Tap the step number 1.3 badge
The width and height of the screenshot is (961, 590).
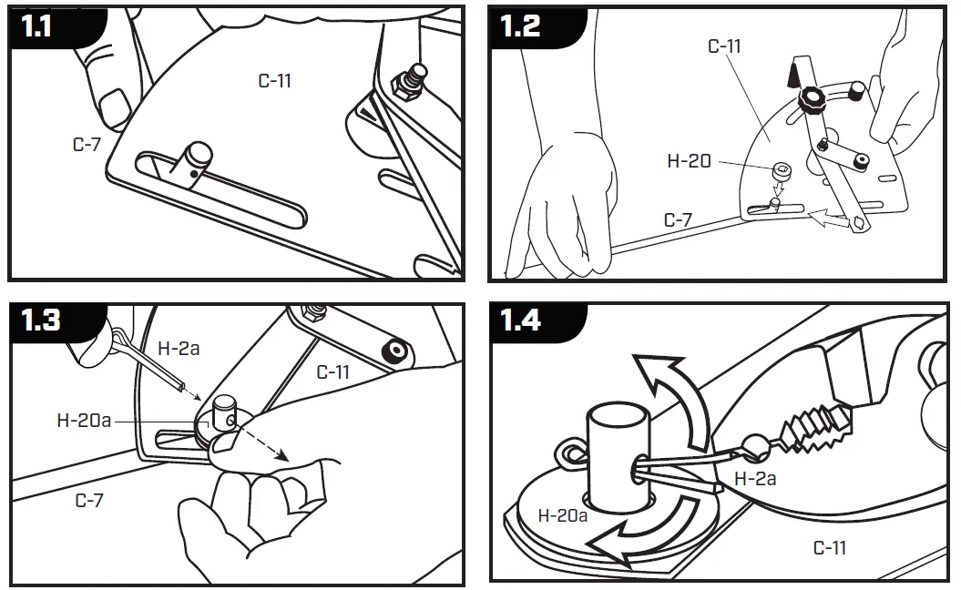click(x=40, y=320)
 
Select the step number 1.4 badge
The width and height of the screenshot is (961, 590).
click(x=522, y=320)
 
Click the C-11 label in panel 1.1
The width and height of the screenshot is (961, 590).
click(x=274, y=80)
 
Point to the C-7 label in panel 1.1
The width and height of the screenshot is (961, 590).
click(x=87, y=144)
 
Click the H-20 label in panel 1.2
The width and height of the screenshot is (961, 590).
click(x=689, y=161)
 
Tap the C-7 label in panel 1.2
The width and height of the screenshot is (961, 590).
click(x=678, y=219)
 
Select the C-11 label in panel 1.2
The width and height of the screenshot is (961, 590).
click(x=725, y=46)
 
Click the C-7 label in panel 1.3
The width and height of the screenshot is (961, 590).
click(x=88, y=500)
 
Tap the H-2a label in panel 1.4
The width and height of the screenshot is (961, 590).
click(x=755, y=478)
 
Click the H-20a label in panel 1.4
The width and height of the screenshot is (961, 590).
click(x=564, y=515)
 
